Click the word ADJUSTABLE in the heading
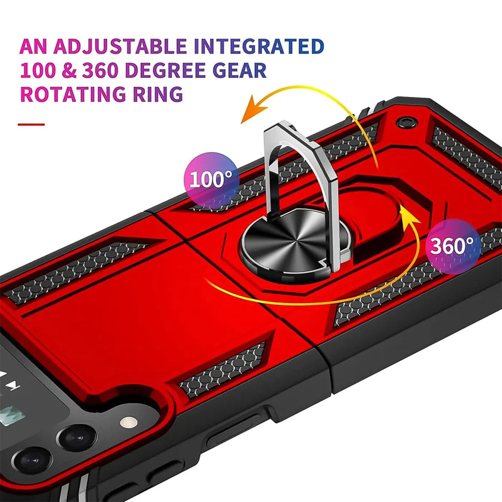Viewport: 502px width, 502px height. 121,46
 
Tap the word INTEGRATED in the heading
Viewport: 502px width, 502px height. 259,46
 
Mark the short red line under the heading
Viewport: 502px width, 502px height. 31,124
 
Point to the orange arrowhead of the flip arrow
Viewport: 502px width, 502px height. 251,113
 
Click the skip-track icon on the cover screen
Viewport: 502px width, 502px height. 15,387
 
